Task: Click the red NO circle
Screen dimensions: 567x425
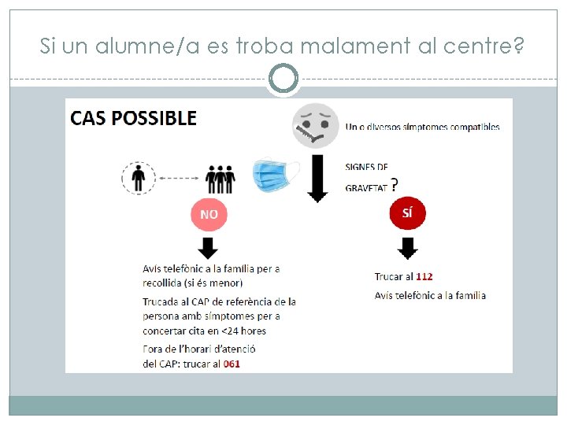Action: click(209, 214)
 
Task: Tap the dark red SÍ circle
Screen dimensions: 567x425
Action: click(407, 213)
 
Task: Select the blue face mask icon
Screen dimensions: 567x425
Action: click(276, 175)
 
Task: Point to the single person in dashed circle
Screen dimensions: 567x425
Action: click(139, 178)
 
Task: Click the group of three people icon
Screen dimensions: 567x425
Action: click(220, 179)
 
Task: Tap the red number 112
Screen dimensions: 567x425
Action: click(424, 276)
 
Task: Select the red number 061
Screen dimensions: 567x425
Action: click(232, 364)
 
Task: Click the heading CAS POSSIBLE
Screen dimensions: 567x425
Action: click(133, 118)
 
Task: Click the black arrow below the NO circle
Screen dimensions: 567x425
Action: click(209, 248)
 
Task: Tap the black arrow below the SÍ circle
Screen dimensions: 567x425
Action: click(407, 248)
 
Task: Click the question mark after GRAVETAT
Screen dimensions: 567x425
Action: click(395, 184)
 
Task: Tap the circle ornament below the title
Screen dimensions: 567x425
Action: click(283, 79)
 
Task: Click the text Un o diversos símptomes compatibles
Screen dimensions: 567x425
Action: click(422, 127)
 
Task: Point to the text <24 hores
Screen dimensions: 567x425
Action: click(243, 331)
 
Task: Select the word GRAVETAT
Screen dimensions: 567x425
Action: click(366, 187)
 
